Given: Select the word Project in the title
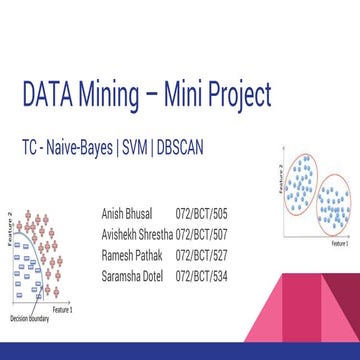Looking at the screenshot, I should coord(237,96).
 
